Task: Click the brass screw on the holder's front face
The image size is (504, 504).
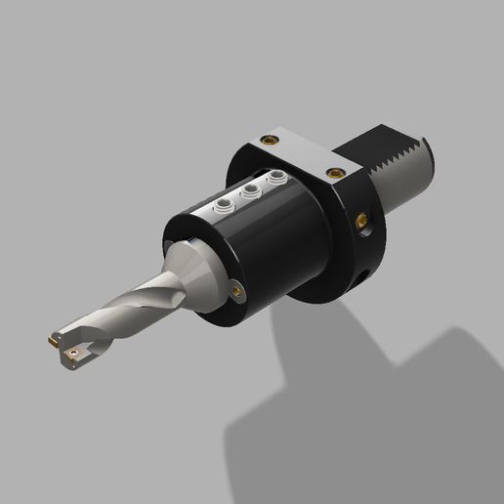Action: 237,289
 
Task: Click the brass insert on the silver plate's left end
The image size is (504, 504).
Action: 265,140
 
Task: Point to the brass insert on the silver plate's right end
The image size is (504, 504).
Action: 337,173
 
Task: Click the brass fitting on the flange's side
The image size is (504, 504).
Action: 364,220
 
